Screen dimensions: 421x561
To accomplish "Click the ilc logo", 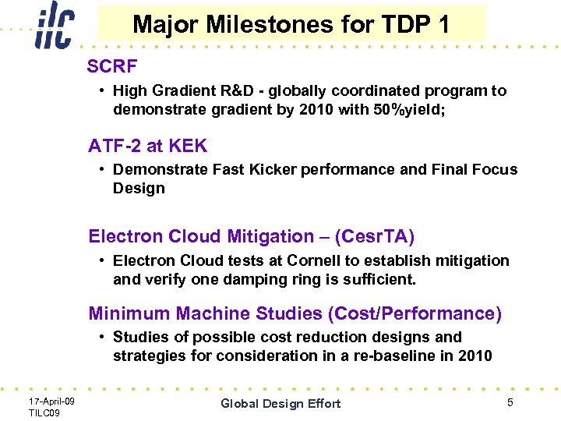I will [53, 28].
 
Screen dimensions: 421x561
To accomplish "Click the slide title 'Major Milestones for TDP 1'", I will [291, 24].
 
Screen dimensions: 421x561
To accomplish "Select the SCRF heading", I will [112, 66].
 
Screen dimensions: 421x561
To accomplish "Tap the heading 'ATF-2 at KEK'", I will [147, 147].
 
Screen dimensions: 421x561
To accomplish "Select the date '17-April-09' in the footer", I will [51, 401].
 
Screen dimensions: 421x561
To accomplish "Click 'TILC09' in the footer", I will [44, 412].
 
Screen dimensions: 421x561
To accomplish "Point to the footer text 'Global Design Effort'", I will [280, 403].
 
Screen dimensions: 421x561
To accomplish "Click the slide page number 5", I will [510, 402].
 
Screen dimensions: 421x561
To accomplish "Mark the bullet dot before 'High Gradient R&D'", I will [103, 91].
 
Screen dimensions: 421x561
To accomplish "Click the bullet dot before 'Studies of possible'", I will [103, 338].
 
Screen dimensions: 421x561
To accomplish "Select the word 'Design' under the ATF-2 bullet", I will [139, 188].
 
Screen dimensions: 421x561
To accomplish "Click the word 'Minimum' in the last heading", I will [129, 313].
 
